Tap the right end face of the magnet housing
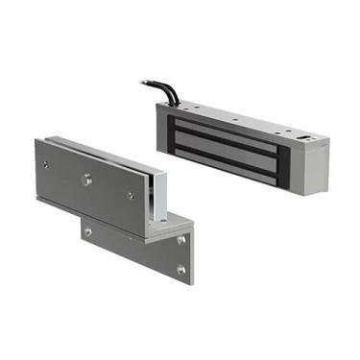pos(309,168)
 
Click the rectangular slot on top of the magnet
pos(304,137)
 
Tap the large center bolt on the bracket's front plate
pos(85,178)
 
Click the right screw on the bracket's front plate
pos(130,195)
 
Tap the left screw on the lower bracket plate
pos(87,230)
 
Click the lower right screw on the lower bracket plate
pos(180,270)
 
